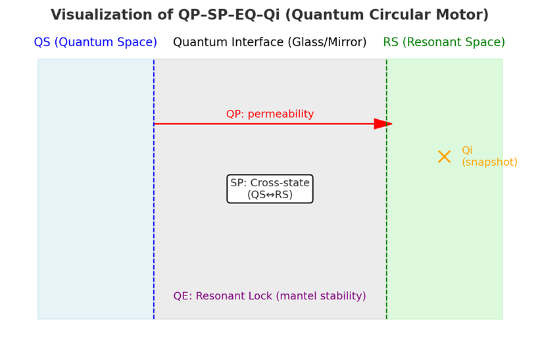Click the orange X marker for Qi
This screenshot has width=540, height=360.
[444, 157]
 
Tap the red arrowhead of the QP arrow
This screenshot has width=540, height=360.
[383, 124]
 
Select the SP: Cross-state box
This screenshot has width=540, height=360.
[270, 189]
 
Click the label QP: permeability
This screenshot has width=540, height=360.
[270, 114]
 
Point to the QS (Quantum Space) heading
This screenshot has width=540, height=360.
[95, 43]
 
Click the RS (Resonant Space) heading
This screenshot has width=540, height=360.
[444, 43]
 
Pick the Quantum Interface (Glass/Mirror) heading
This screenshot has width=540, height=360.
[270, 43]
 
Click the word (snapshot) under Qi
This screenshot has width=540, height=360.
[489, 163]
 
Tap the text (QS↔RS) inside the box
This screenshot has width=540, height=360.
[270, 195]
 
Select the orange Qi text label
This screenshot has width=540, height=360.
[467, 151]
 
